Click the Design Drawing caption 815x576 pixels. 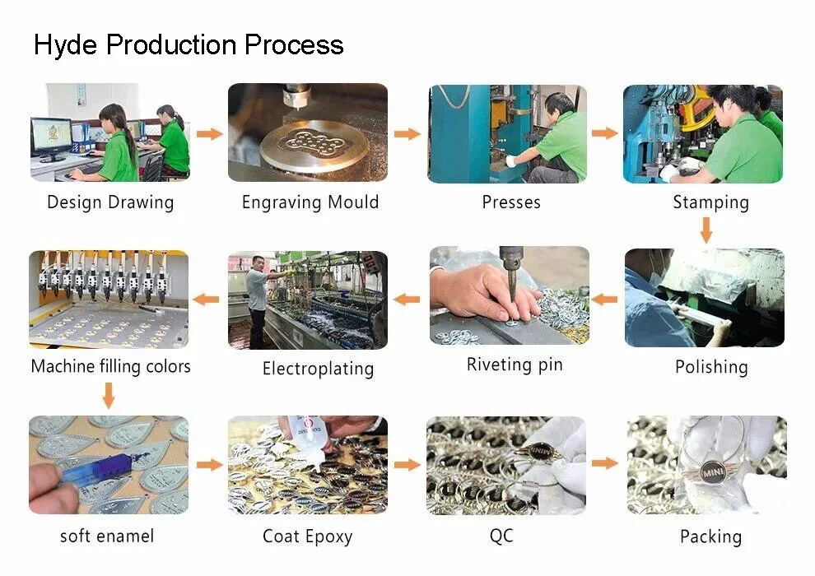110,202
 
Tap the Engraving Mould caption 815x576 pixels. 310,202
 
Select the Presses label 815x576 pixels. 511,202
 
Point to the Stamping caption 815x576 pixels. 710,202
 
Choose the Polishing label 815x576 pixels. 711,367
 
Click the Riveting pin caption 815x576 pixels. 515,365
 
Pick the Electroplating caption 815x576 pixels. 318,368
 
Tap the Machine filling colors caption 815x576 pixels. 110,366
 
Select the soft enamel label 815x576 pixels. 107,537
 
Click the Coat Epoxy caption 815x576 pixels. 307,537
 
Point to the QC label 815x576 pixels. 501,536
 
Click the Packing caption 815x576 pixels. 710,537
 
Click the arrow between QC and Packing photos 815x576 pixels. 605,463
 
